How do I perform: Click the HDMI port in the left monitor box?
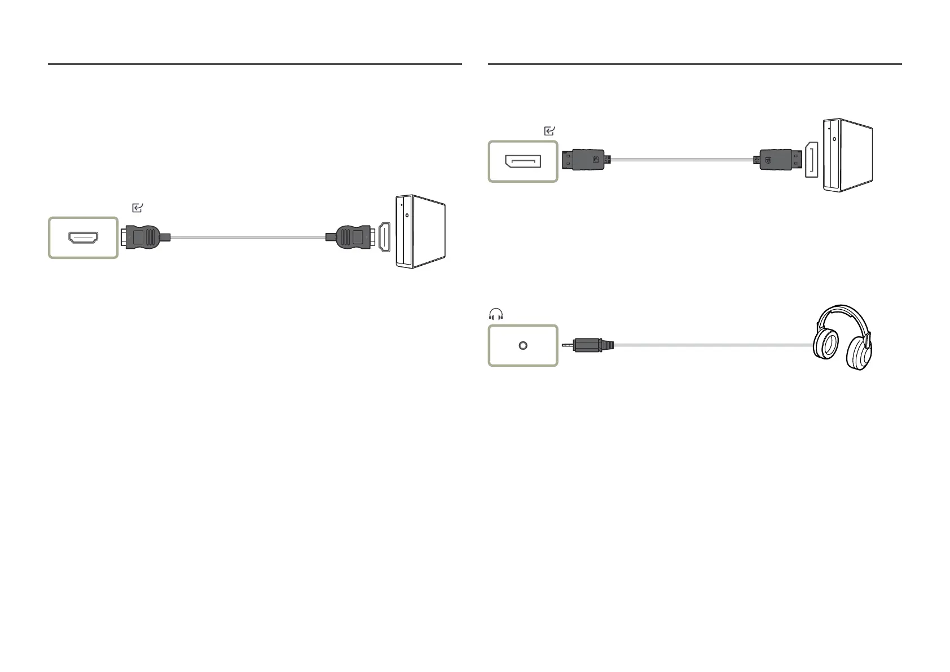[x=83, y=238]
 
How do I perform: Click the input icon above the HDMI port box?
[x=137, y=208]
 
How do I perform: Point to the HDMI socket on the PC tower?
[x=385, y=237]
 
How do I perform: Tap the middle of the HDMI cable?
[x=248, y=238]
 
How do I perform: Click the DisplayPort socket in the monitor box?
[x=523, y=162]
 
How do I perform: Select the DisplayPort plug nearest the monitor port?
[x=586, y=160]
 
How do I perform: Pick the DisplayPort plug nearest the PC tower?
[x=777, y=160]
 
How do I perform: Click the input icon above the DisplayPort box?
[x=549, y=131]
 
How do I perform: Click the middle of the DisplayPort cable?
[x=681, y=160]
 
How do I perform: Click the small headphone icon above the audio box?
[x=495, y=315]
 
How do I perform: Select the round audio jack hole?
[x=523, y=345]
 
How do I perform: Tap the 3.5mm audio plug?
[x=590, y=345]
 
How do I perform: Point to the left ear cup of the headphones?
[x=825, y=346]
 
